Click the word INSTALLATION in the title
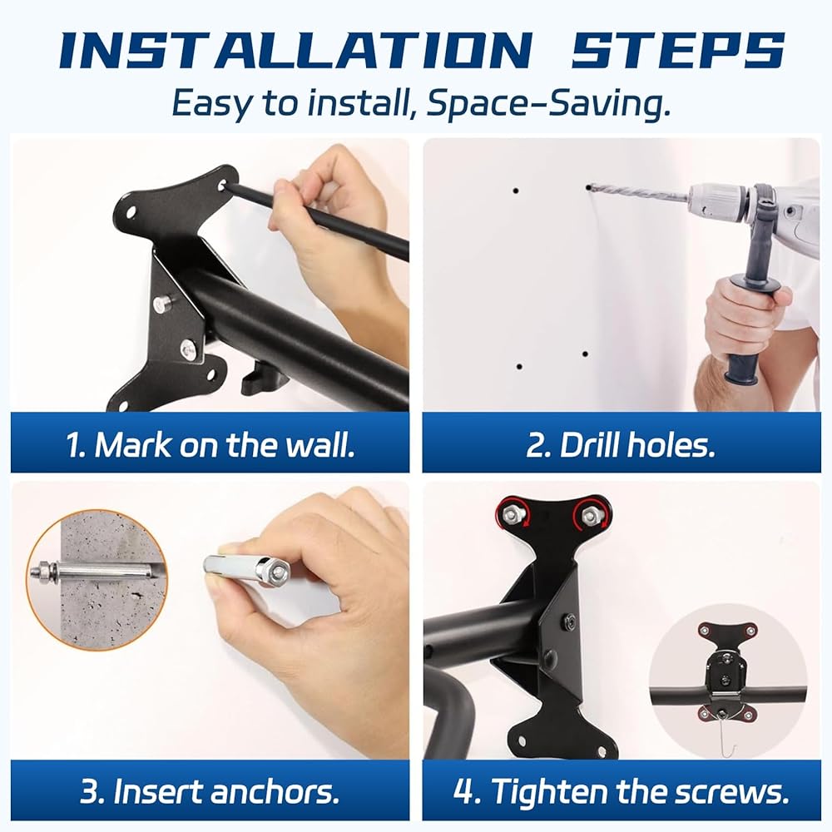pos(296,50)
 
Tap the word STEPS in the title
pos(677,50)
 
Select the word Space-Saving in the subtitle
pos(548,103)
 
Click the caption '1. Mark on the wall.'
pos(210,444)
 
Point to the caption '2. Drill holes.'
pos(621,444)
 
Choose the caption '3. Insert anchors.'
pos(210,790)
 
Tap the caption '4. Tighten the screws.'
pos(622,790)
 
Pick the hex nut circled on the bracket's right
pos(591,514)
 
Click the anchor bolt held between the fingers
pos(248,566)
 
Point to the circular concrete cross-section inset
pos(97,579)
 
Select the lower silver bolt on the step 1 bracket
pos(188,348)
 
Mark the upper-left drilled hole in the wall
pos(515,191)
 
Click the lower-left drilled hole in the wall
pos(519,366)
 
